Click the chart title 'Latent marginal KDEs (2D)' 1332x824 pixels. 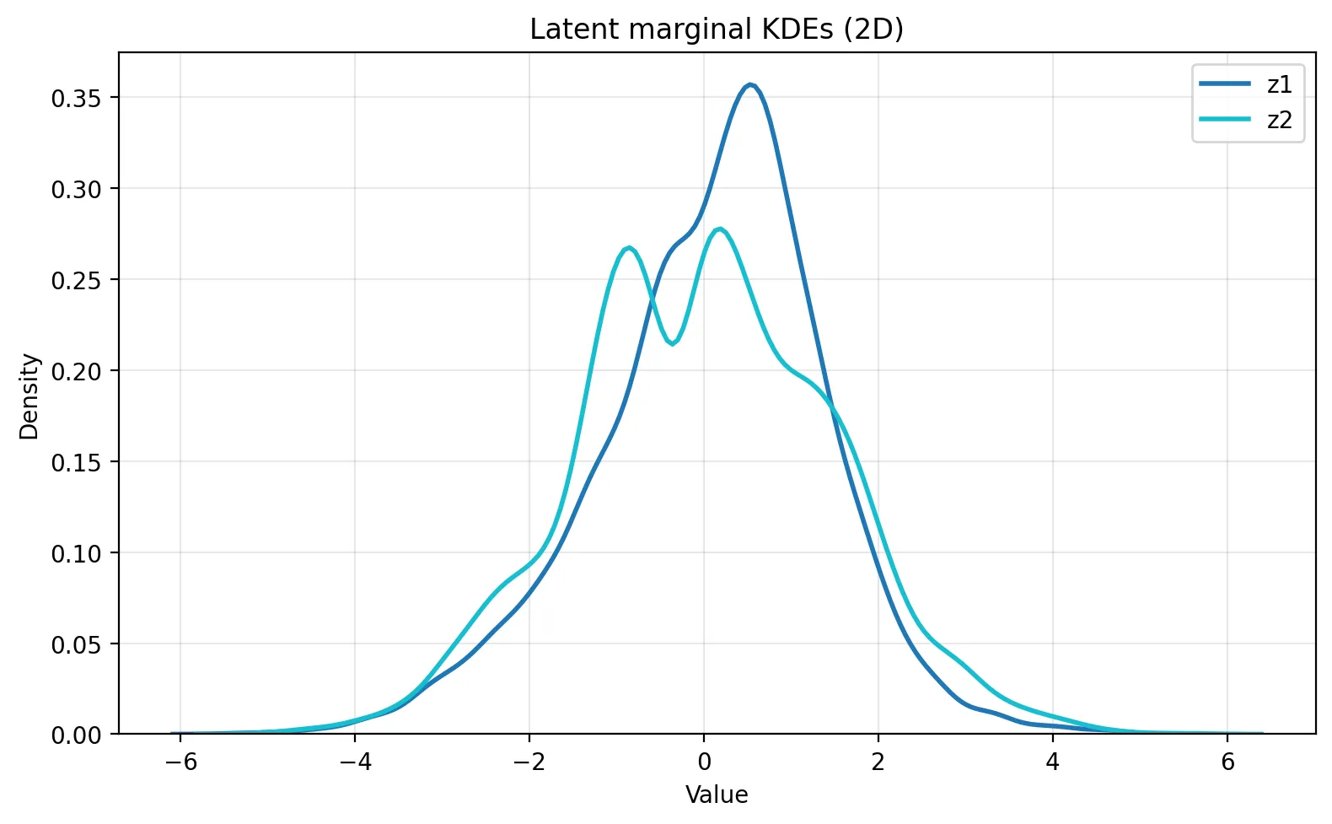click(x=716, y=30)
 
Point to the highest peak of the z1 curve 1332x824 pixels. click(x=749, y=84)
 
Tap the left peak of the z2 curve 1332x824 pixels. click(x=629, y=248)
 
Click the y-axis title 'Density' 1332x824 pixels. click(x=30, y=396)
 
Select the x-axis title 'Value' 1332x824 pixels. click(x=716, y=795)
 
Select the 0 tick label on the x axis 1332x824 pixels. click(x=704, y=762)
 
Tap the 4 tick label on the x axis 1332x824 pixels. click(x=1053, y=762)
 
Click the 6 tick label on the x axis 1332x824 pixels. click(x=1227, y=762)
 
